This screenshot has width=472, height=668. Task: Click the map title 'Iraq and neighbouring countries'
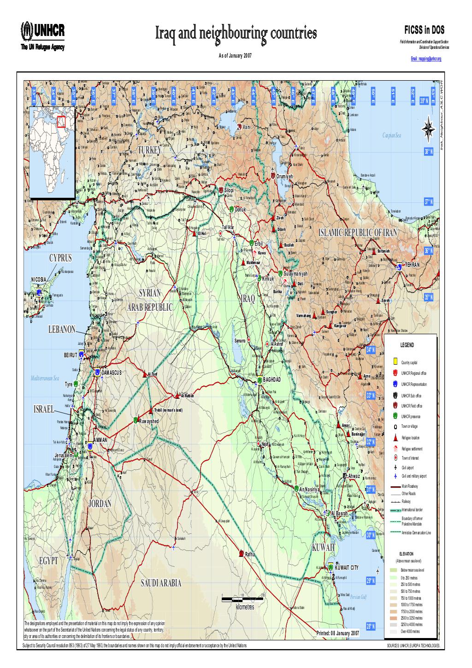tap(236, 34)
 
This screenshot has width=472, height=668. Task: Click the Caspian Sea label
tap(392, 136)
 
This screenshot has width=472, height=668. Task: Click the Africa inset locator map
tap(51, 151)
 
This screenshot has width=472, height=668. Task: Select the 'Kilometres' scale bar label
tap(244, 607)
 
